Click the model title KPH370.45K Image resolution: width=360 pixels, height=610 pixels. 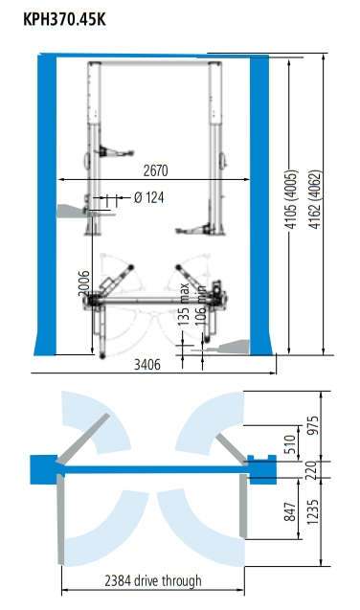pos(64,19)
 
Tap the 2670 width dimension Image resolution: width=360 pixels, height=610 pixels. pos(155,170)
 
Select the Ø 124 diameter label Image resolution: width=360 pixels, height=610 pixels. pos(149,197)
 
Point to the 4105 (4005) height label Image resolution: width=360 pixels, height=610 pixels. pos(291,199)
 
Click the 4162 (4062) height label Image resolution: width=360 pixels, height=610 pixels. pos(315,199)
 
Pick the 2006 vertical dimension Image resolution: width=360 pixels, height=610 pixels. pos(84,282)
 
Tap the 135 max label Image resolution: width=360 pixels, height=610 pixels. pos(184,304)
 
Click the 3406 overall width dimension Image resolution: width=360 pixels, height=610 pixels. pos(147,365)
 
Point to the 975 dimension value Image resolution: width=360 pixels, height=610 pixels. pos(313,426)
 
